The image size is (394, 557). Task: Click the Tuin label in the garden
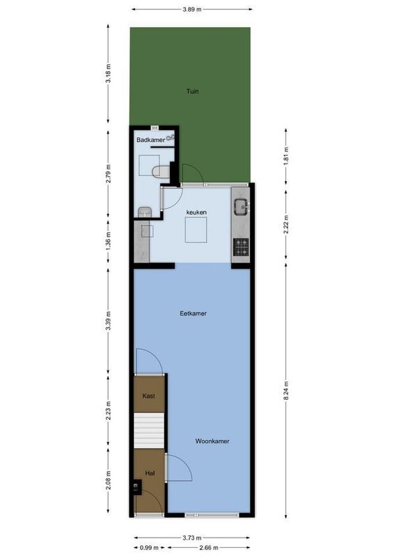click(191, 91)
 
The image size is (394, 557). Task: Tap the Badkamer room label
click(150, 140)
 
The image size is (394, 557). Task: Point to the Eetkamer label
click(193, 313)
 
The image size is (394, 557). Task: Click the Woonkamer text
click(212, 441)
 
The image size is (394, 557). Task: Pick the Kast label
click(148, 395)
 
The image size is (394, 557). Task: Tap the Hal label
click(149, 473)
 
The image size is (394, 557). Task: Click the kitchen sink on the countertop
click(241, 206)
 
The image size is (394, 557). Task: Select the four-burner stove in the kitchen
click(241, 246)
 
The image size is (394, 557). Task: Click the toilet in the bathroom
click(160, 171)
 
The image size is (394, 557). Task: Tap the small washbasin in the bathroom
click(143, 212)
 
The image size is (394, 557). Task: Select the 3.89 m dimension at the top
click(192, 10)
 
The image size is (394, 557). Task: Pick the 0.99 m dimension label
click(148, 547)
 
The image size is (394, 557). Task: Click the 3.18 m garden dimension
click(107, 72)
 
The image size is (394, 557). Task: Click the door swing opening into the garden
click(191, 174)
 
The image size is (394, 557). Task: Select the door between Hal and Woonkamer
click(178, 468)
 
